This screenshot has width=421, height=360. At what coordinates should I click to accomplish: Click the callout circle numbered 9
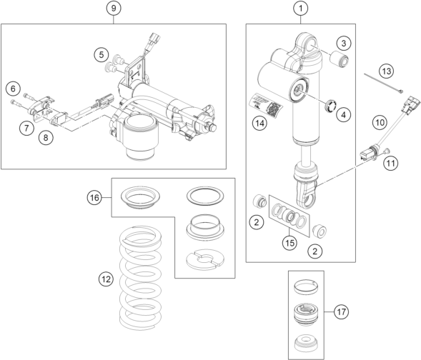point(114,9)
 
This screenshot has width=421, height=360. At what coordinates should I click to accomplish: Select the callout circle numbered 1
point(301,9)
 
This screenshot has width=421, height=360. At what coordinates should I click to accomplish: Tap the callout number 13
point(387,71)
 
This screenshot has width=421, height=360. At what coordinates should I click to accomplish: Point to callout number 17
point(341,312)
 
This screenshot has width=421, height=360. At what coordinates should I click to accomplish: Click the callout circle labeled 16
point(94,198)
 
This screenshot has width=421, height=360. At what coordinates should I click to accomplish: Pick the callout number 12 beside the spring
point(106,279)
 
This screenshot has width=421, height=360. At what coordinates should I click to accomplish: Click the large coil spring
point(140,278)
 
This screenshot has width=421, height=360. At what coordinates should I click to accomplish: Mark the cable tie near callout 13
point(383,84)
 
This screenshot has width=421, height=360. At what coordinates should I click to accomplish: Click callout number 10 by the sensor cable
point(380,123)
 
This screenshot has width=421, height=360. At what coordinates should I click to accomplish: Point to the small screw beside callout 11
point(387,151)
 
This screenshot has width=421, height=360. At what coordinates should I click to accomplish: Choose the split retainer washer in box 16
point(205,259)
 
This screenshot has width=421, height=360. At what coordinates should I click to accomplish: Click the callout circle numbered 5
point(101,54)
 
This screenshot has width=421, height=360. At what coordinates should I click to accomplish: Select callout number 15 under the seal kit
point(289,243)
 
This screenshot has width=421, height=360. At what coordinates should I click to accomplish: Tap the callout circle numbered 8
point(46,138)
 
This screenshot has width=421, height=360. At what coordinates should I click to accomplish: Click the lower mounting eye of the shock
point(307,196)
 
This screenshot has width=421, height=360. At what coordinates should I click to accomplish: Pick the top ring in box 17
point(305,286)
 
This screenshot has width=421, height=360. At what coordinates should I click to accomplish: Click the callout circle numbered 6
point(13,89)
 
